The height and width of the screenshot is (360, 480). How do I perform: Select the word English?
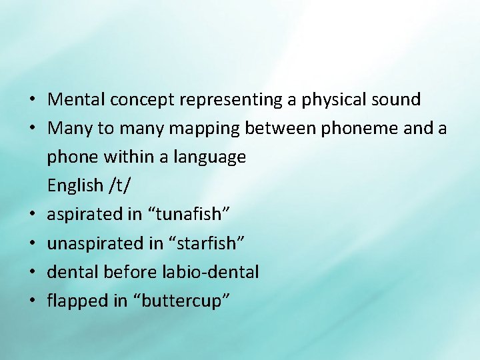click(x=75, y=186)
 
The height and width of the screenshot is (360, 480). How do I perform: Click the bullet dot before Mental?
click(x=32, y=101)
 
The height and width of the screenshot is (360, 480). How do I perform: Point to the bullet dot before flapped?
click(x=32, y=301)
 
